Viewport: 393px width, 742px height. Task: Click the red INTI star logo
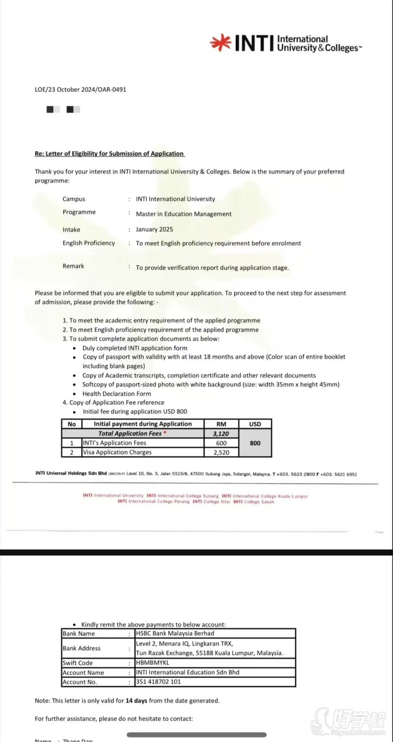tap(221, 43)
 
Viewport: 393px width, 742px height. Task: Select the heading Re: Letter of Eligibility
tap(110, 153)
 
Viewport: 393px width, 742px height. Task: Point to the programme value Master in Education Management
tap(184, 214)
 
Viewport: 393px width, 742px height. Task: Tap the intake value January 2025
tap(154, 229)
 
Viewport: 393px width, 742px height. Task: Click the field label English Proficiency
tap(88, 243)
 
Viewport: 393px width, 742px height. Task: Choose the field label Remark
tap(73, 266)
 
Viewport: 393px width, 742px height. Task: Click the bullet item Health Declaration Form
tap(116, 393)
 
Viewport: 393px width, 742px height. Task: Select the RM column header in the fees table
tap(221, 424)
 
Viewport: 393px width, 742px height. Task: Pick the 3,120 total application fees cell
tap(221, 434)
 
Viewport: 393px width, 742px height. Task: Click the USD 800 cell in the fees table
tap(255, 443)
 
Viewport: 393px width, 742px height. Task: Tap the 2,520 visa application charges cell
tap(221, 452)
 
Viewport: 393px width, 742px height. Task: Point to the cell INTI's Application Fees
tap(114, 443)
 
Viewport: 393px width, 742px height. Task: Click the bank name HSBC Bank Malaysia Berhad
tap(175, 633)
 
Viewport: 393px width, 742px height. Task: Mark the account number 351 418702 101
tap(158, 682)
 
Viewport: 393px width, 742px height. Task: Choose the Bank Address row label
tap(82, 648)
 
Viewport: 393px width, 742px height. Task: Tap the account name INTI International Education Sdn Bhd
tap(187, 672)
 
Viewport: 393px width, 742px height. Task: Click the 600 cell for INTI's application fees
tap(221, 443)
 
